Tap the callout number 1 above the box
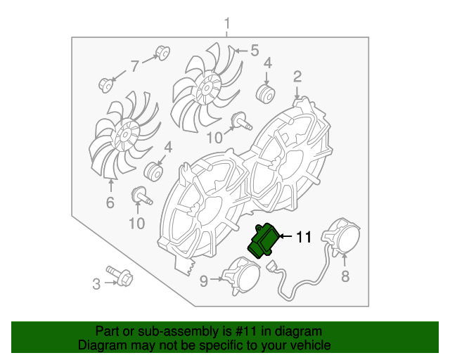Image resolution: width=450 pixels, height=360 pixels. [227, 24]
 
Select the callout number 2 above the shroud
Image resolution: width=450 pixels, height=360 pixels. [297, 77]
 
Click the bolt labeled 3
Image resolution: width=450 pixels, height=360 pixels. [120, 275]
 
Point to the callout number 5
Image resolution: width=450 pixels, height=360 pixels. [255, 51]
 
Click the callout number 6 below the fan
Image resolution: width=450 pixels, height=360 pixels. [110, 202]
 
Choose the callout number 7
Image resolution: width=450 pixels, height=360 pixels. [135, 66]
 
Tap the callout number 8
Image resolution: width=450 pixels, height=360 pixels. [345, 276]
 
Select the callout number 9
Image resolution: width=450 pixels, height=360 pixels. [203, 281]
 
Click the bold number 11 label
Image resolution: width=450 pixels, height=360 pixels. [304, 237]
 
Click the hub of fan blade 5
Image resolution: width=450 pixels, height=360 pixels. [205, 89]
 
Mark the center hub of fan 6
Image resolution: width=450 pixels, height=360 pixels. [126, 135]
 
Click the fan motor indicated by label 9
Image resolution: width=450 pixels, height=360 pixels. [242, 276]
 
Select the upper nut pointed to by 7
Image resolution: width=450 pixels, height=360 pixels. [162, 53]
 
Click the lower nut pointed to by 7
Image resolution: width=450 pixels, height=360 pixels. [106, 84]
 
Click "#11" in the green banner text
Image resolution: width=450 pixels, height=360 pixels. [245, 331]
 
